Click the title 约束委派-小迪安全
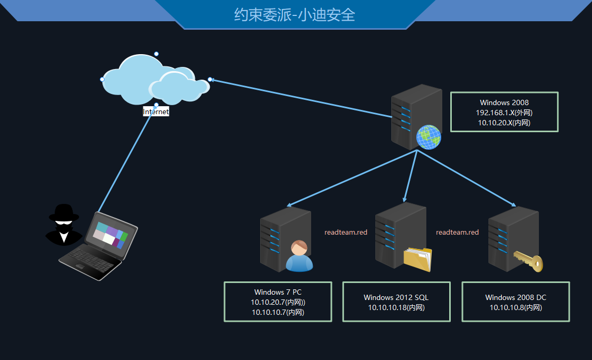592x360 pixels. click(x=295, y=14)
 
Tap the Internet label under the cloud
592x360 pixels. click(x=156, y=112)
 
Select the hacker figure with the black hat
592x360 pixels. click(x=64, y=224)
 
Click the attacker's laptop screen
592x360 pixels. click(x=109, y=235)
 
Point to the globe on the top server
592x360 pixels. click(x=428, y=137)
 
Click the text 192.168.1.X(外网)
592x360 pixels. click(x=504, y=113)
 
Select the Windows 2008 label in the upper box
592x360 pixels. click(x=504, y=102)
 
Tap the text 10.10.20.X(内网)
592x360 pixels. click(x=504, y=123)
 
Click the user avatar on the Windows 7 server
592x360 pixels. click(x=299, y=256)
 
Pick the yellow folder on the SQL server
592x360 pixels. click(x=417, y=259)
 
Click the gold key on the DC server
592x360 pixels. click(x=528, y=261)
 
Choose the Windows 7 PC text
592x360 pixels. click(x=278, y=292)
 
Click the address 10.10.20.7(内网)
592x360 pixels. click(x=278, y=302)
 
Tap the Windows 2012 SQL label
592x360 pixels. click(x=396, y=297)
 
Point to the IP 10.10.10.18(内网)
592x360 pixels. click(x=396, y=307)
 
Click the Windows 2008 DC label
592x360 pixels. click(x=516, y=297)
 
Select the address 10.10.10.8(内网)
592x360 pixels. click(x=516, y=307)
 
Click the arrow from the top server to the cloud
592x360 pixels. click(x=300, y=98)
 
